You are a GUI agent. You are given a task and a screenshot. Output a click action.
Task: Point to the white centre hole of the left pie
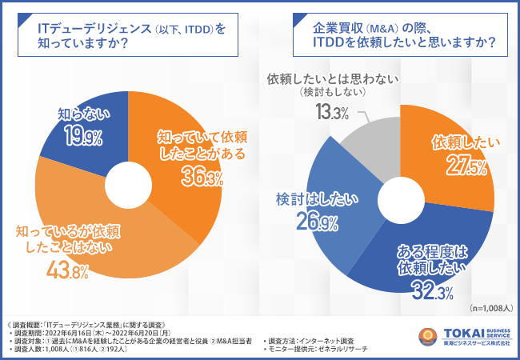(127, 182)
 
